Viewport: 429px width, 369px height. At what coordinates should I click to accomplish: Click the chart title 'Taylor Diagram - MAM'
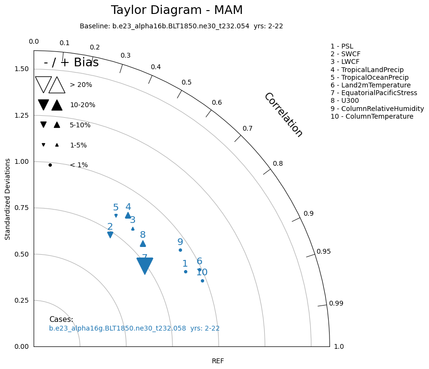(x=177, y=10)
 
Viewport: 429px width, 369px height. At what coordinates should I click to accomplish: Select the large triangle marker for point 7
(x=145, y=265)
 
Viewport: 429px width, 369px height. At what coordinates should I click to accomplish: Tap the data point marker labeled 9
(x=180, y=250)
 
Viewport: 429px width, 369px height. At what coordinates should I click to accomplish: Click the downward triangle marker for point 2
(x=110, y=234)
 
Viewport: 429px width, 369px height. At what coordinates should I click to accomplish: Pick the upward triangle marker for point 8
(x=143, y=244)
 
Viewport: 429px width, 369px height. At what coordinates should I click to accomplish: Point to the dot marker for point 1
(x=185, y=271)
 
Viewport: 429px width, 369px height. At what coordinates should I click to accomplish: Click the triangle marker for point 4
(x=128, y=215)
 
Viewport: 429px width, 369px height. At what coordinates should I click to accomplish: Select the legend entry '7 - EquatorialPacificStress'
(x=374, y=93)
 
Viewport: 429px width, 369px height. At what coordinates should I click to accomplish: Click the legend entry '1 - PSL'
(x=342, y=46)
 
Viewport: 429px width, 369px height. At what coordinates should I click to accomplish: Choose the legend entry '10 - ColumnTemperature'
(x=372, y=116)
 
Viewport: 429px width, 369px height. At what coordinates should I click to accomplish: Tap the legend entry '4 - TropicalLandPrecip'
(x=367, y=70)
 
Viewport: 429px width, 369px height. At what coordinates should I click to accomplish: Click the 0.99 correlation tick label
(x=336, y=303)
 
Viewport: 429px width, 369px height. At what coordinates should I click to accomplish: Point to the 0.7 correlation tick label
(x=247, y=128)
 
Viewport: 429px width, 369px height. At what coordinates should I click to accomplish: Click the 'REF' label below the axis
(x=218, y=361)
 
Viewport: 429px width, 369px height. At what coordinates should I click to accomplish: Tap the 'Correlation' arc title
(x=283, y=115)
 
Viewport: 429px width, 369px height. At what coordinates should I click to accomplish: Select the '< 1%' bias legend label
(x=79, y=165)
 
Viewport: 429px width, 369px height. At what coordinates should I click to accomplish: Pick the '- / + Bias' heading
(x=71, y=62)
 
